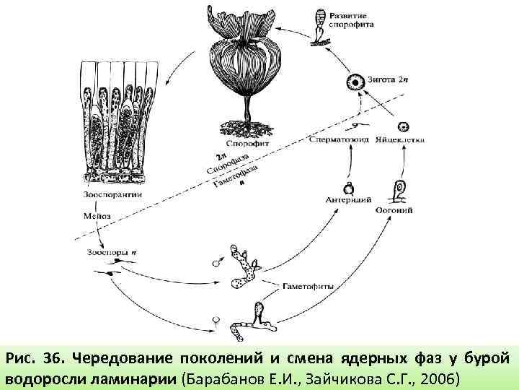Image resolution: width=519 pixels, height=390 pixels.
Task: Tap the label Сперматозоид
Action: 337,139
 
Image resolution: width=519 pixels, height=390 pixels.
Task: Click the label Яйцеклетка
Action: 400,139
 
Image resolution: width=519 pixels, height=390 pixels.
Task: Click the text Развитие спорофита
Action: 352,19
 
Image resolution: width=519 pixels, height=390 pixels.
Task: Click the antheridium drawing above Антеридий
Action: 348,188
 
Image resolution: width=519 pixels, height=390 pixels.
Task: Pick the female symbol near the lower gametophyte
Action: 215,318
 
